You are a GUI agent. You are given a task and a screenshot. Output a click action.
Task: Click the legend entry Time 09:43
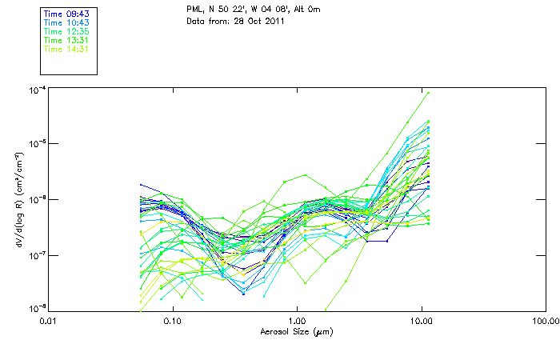click(66, 13)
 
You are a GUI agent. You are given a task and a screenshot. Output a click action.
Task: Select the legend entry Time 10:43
click(66, 22)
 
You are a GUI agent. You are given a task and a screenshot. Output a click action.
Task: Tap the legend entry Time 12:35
click(66, 30)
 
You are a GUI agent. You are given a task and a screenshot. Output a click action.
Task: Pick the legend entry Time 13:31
click(66, 40)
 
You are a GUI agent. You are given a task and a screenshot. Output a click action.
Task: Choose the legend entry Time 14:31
click(66, 49)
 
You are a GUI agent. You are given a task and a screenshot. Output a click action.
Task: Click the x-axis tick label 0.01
click(50, 321)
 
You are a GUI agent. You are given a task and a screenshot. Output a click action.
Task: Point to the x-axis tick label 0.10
click(173, 321)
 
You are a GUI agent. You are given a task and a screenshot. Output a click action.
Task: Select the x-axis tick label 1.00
click(297, 321)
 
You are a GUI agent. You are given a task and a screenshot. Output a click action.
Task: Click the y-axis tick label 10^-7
click(35, 255)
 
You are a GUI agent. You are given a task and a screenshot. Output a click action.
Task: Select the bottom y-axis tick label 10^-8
click(35, 309)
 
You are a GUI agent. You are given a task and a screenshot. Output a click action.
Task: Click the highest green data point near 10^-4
click(429, 93)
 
